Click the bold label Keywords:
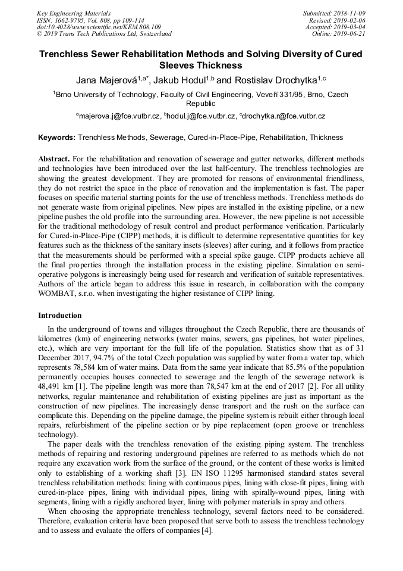click(x=57, y=138)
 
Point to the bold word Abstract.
click(x=54, y=160)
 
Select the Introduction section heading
click(x=59, y=316)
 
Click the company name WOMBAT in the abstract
click(x=60, y=294)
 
